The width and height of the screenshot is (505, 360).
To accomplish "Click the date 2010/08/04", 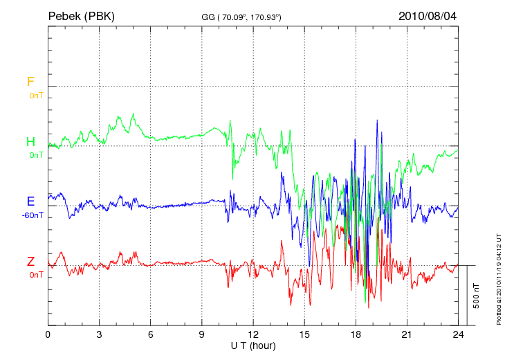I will [x=428, y=15].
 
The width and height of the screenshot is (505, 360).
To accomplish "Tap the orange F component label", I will [x=30, y=82].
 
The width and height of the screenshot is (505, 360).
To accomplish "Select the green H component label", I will [x=30, y=142].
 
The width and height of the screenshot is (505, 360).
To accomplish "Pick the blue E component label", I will [x=30, y=201].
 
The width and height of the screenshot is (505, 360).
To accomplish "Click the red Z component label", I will [x=30, y=262].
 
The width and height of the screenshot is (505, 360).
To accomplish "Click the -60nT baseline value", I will [x=33, y=215].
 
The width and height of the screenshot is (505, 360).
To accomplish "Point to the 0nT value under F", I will [x=36, y=96].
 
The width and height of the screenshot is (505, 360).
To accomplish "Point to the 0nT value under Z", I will [x=36, y=275].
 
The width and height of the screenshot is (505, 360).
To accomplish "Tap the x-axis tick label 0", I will [x=48, y=334].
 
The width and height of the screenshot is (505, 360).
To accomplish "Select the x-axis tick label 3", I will [x=99, y=334].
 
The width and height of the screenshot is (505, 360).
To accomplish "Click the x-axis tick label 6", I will [x=150, y=334].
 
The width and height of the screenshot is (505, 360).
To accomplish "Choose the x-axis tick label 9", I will [x=202, y=334].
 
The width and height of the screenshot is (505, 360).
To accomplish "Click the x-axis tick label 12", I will [x=253, y=334].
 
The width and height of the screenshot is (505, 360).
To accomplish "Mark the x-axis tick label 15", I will [x=304, y=334].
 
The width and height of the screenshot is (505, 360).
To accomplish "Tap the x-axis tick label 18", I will [x=356, y=334].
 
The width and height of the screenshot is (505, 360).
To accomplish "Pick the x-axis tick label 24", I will [x=458, y=334].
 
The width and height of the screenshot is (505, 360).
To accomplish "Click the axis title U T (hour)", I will [x=253, y=345].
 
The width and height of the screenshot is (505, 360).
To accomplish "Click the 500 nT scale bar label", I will [x=476, y=295].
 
